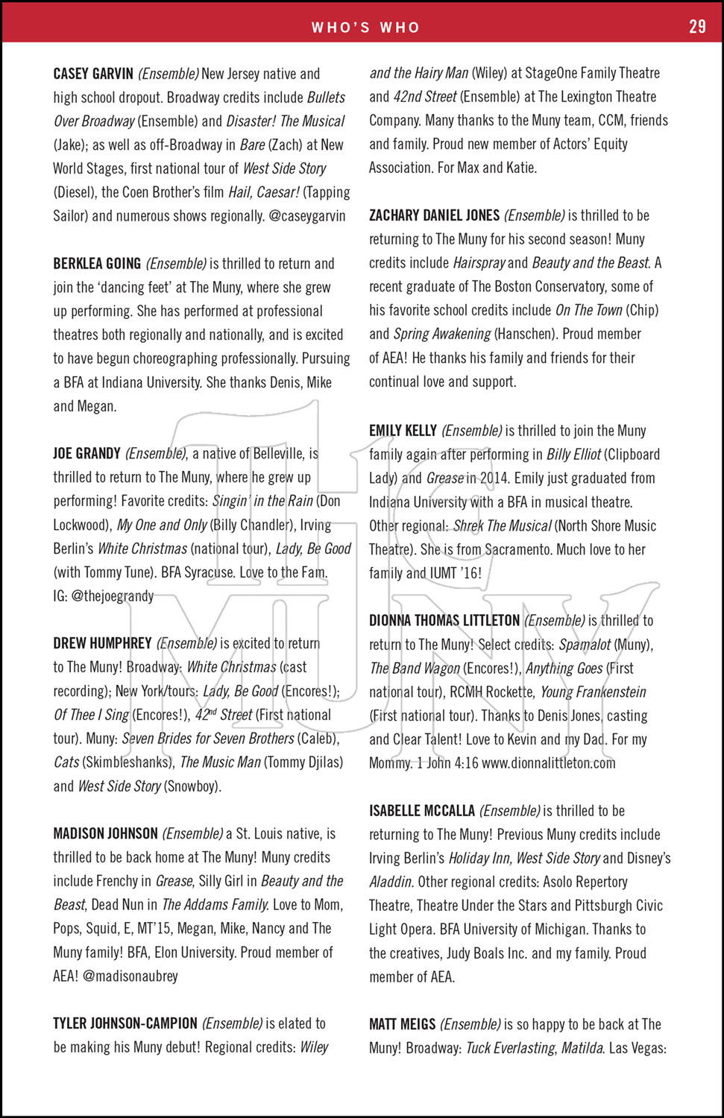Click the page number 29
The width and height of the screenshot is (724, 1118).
[696, 26]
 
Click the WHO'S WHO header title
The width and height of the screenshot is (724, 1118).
[365, 28]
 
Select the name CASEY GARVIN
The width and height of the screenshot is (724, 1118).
[93, 74]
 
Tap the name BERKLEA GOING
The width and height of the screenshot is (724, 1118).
[97, 263]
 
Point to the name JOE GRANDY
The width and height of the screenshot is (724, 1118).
[86, 453]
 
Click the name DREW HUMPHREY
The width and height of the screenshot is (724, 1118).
[102, 643]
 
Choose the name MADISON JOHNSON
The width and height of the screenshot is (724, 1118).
[105, 833]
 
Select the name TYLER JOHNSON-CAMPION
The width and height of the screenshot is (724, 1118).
[125, 1023]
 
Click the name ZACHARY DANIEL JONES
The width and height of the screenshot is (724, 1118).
[434, 215]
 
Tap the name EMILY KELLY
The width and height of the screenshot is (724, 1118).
[403, 431]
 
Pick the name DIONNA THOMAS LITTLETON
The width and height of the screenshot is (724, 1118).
[444, 621]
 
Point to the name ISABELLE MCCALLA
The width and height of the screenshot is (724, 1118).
[422, 811]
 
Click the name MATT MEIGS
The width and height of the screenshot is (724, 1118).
[402, 1024]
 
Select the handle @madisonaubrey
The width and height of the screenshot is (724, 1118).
[130, 976]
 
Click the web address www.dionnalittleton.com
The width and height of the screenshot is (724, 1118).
[549, 763]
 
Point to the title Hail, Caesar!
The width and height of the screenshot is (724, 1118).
[264, 192]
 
